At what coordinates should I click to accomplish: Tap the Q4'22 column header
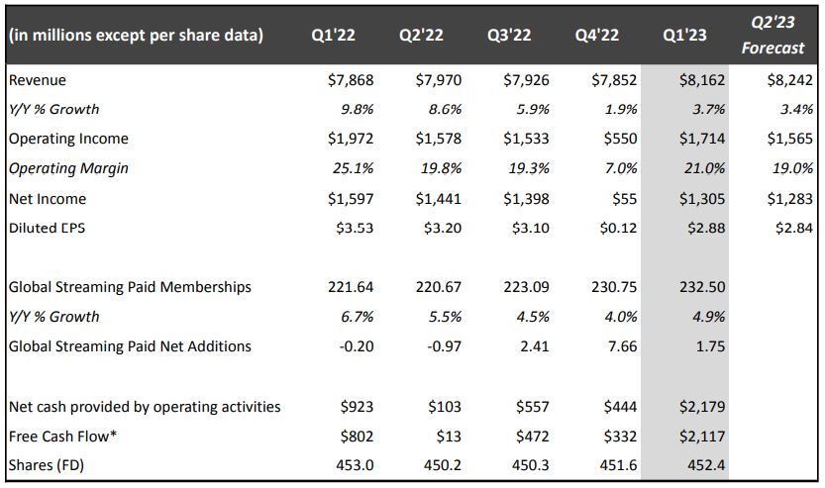(x=597, y=36)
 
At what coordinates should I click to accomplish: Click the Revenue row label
(x=37, y=79)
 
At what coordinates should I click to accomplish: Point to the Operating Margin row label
(x=68, y=168)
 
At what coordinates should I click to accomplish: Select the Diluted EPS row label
(x=49, y=228)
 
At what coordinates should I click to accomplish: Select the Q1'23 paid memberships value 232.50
(x=700, y=287)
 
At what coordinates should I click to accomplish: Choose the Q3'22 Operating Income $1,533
(x=525, y=139)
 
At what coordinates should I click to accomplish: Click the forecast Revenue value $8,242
(x=789, y=79)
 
